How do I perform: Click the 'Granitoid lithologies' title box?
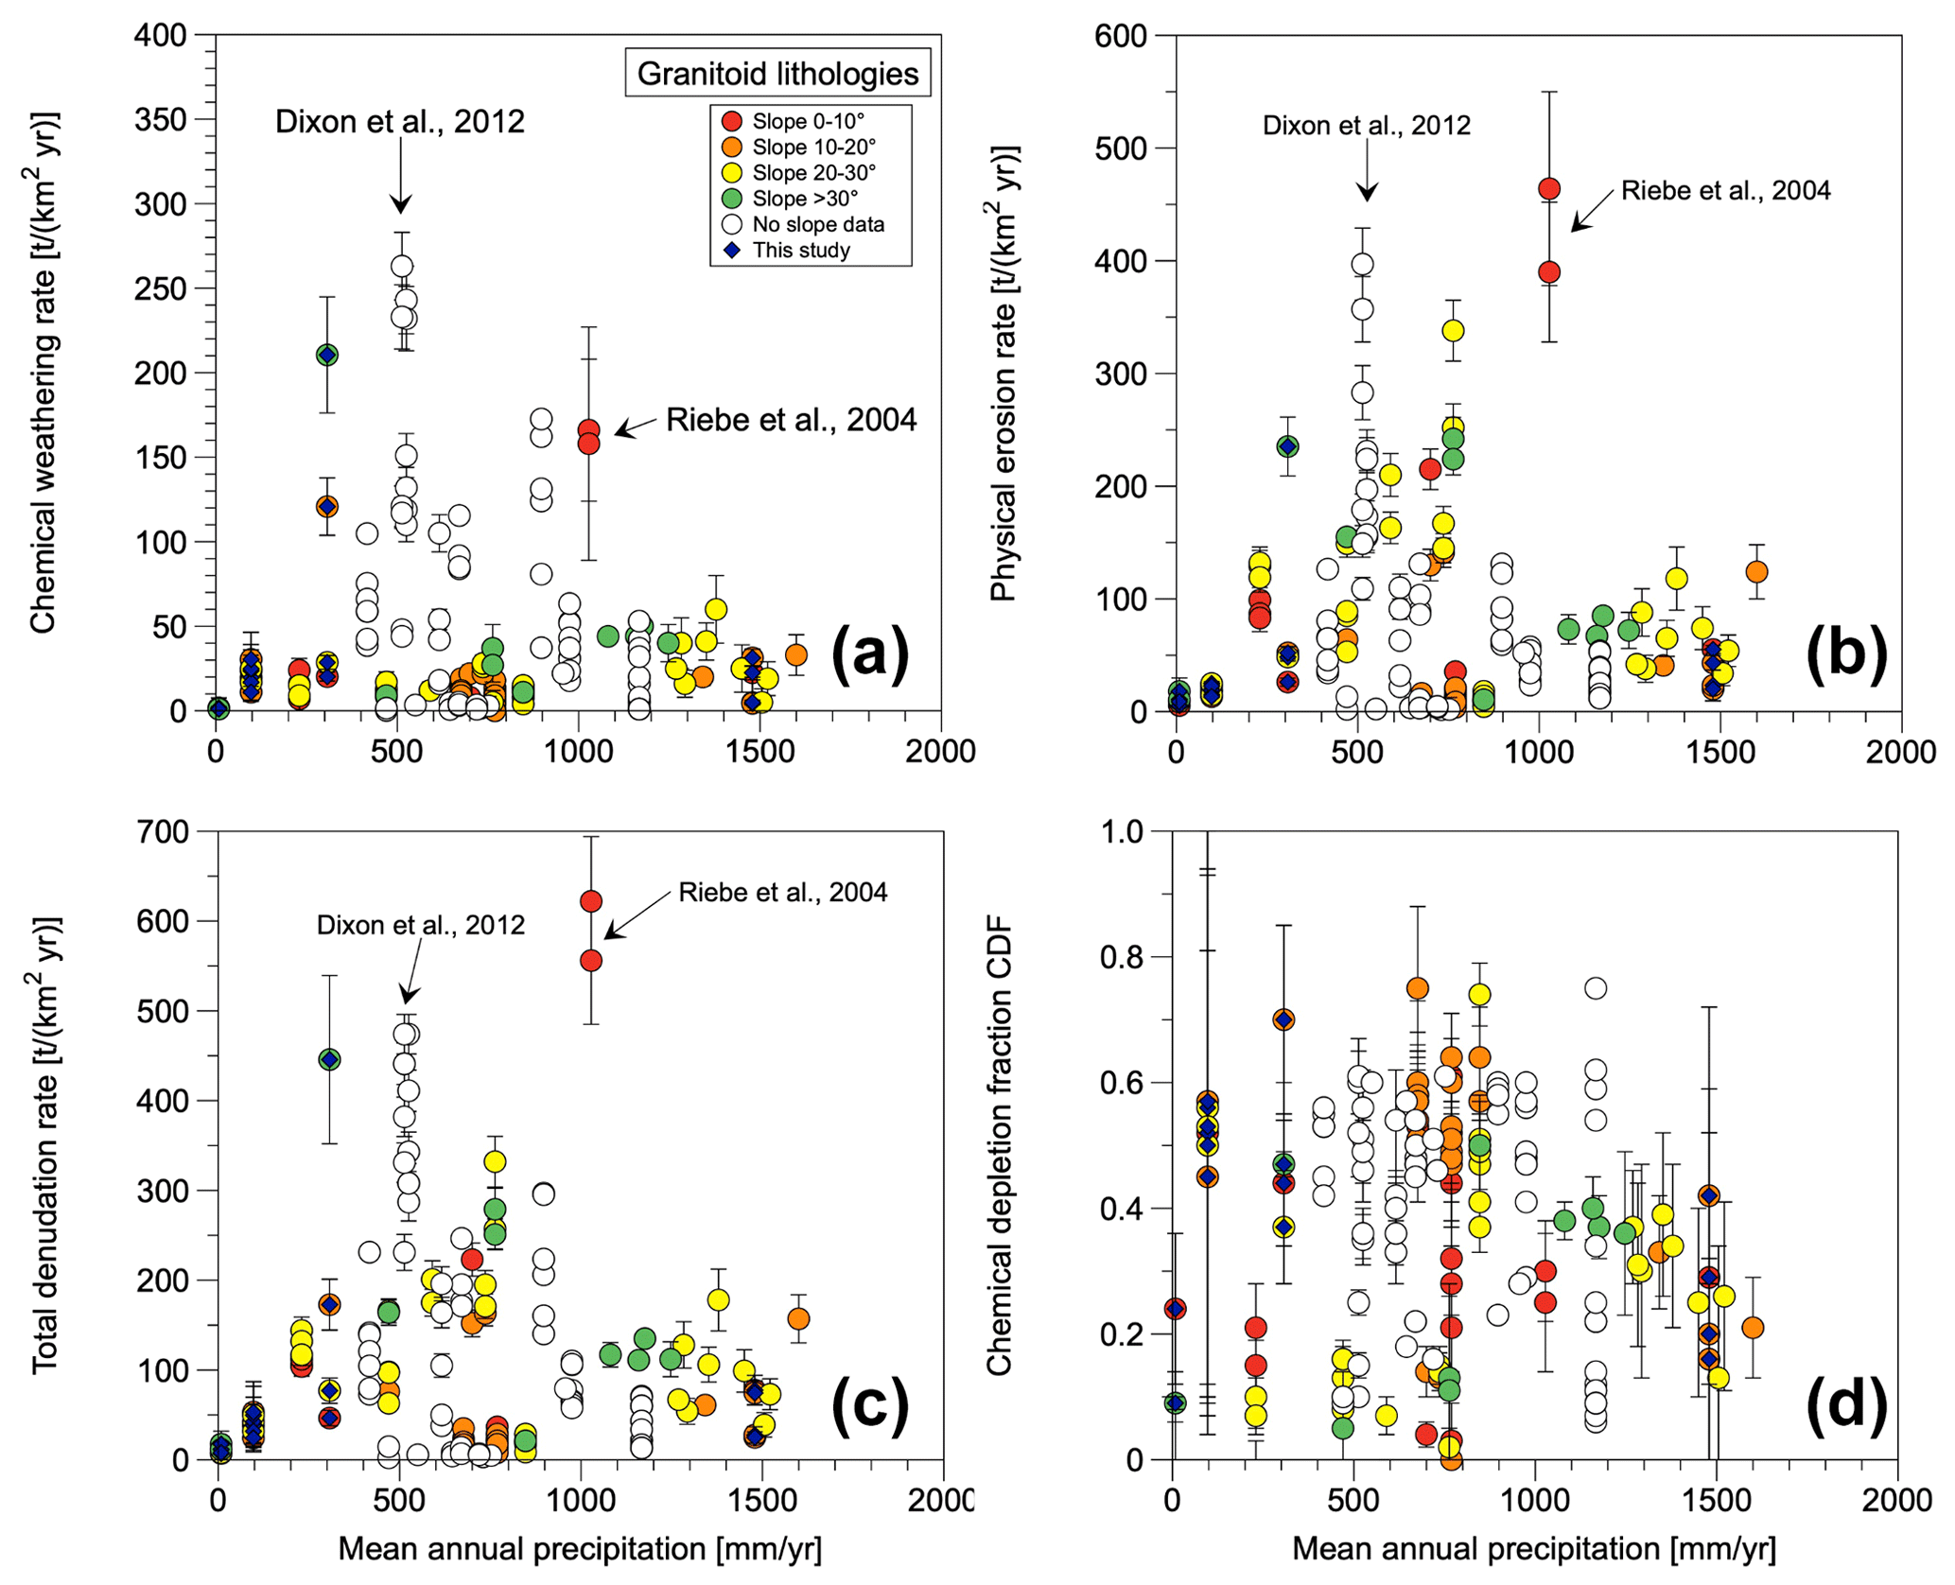pos(777,73)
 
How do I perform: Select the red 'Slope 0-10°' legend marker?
pos(731,121)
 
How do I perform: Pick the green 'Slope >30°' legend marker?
pos(731,199)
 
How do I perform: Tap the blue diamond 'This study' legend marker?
pos(731,251)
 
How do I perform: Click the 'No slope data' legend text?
pos(818,225)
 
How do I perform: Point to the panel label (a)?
pos(869,654)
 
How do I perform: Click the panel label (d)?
pos(1845,1403)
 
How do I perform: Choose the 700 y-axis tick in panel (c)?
pos(164,832)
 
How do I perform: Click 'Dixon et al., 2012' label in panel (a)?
pos(399,122)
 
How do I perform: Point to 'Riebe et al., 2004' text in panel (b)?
pos(1725,191)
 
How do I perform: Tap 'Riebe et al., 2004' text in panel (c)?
pos(783,893)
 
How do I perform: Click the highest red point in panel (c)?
pos(590,901)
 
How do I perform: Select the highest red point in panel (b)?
pos(1549,188)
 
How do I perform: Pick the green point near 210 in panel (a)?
pos(327,355)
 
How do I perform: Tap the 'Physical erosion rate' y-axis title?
pos(1003,373)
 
